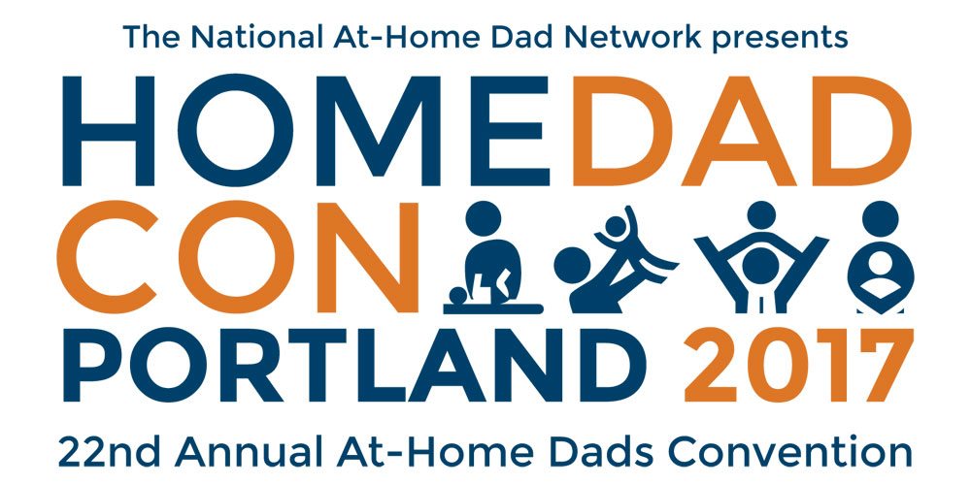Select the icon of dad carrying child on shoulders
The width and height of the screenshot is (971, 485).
click(x=761, y=257)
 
